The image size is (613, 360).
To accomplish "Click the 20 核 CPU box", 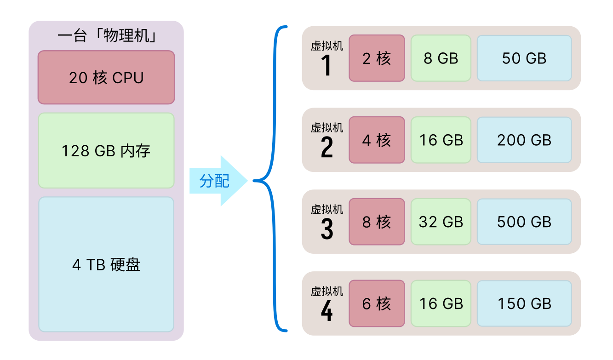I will tap(106, 77).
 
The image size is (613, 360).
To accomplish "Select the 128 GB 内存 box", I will tap(106, 150).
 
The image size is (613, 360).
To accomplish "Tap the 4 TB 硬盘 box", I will tap(106, 264).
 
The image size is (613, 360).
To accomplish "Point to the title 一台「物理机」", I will tap(106, 36).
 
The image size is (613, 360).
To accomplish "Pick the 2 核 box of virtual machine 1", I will tap(377, 58).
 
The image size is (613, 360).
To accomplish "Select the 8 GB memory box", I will tap(441, 58).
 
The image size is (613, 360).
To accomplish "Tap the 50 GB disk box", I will tap(524, 58).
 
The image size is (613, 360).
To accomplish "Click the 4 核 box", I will tap(377, 140).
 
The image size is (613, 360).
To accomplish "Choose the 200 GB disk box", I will tap(524, 140).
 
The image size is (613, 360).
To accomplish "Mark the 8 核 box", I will tap(377, 222).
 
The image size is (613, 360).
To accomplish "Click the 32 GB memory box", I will tap(441, 222).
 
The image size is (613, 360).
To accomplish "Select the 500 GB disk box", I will tap(524, 222).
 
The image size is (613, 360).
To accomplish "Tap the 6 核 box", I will tap(377, 303).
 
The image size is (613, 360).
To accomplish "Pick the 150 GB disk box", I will tap(524, 303).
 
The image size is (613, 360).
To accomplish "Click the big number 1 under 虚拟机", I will tap(327, 66).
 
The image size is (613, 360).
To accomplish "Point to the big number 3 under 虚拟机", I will tap(327, 229).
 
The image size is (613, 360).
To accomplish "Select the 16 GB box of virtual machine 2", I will tap(441, 140).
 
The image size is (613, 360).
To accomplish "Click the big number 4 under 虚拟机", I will tap(327, 311).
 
